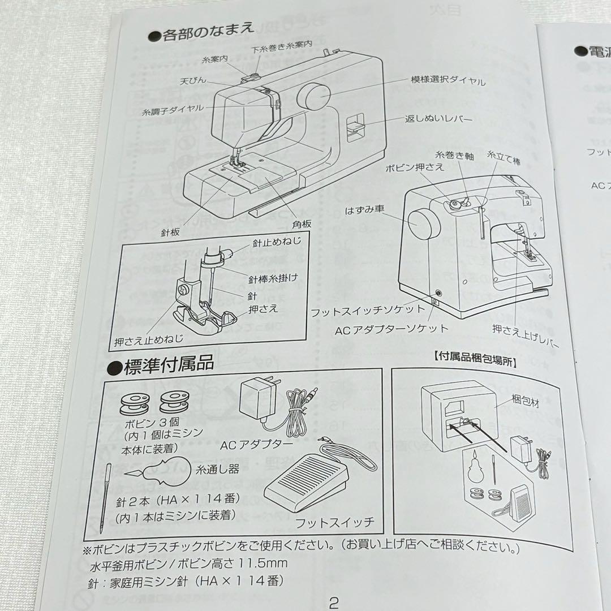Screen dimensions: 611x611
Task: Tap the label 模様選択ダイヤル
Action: click(x=448, y=81)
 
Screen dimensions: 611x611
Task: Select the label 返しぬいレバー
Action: click(x=438, y=119)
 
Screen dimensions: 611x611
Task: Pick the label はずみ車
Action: click(x=365, y=210)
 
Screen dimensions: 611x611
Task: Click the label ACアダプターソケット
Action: click(x=391, y=328)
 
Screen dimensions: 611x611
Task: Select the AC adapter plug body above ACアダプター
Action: click(x=258, y=398)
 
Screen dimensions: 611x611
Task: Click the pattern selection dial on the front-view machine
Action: click(x=314, y=97)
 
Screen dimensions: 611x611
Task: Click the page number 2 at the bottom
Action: click(x=333, y=601)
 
